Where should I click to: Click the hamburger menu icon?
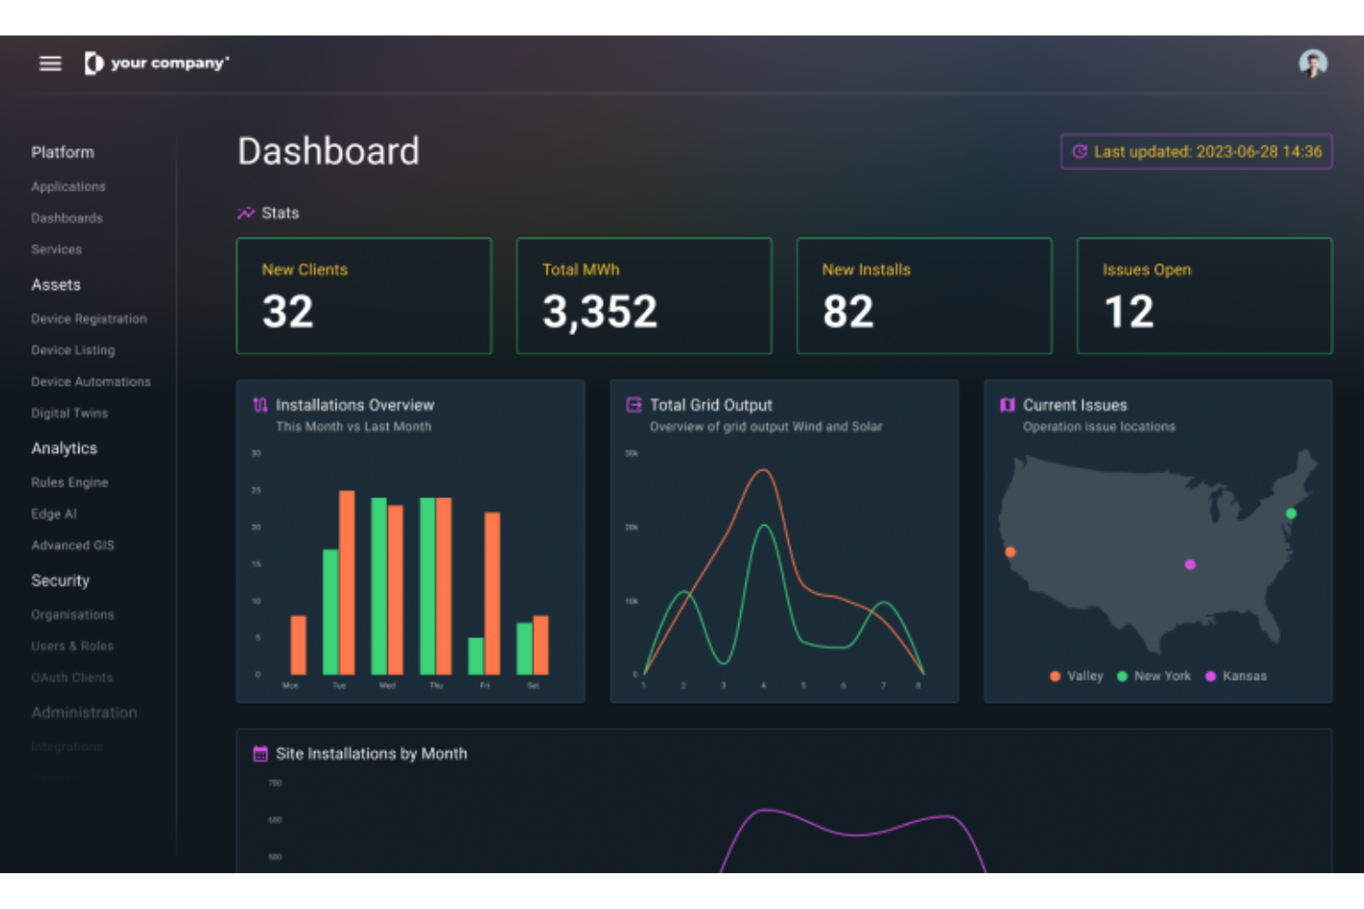[50, 64]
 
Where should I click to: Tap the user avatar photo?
[1312, 64]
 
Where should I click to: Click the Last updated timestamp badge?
[1196, 152]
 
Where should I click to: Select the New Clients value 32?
[288, 312]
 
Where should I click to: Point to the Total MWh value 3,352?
[599, 312]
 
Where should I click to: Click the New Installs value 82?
[848, 312]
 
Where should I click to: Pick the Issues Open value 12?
[1128, 312]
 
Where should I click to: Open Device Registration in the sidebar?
[88, 319]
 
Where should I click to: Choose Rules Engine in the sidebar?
[69, 483]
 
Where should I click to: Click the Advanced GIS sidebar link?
[72, 545]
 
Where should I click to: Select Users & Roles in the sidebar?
[72, 646]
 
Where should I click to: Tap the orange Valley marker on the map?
[1010, 552]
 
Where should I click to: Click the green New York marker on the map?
[1291, 513]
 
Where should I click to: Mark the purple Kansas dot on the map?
[1190, 565]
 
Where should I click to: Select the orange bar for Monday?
[299, 645]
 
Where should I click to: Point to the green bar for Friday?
[476, 656]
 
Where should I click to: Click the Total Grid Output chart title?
[711, 405]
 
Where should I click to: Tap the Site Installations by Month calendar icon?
[260, 754]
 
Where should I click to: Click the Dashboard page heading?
[328, 152]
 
